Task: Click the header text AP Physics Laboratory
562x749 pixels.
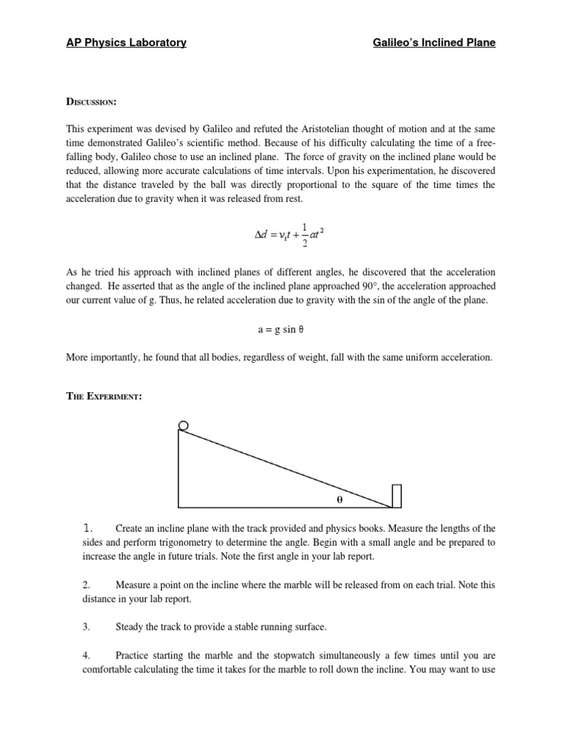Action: [x=126, y=43]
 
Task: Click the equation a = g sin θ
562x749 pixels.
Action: [x=281, y=329]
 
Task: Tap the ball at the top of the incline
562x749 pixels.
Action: [x=184, y=426]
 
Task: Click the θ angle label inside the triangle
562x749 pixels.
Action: [x=340, y=500]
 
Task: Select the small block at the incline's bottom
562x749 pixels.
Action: [x=397, y=496]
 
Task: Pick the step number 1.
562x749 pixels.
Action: [x=87, y=528]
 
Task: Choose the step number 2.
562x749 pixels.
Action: [x=86, y=585]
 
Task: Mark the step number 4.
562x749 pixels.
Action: [x=86, y=655]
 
